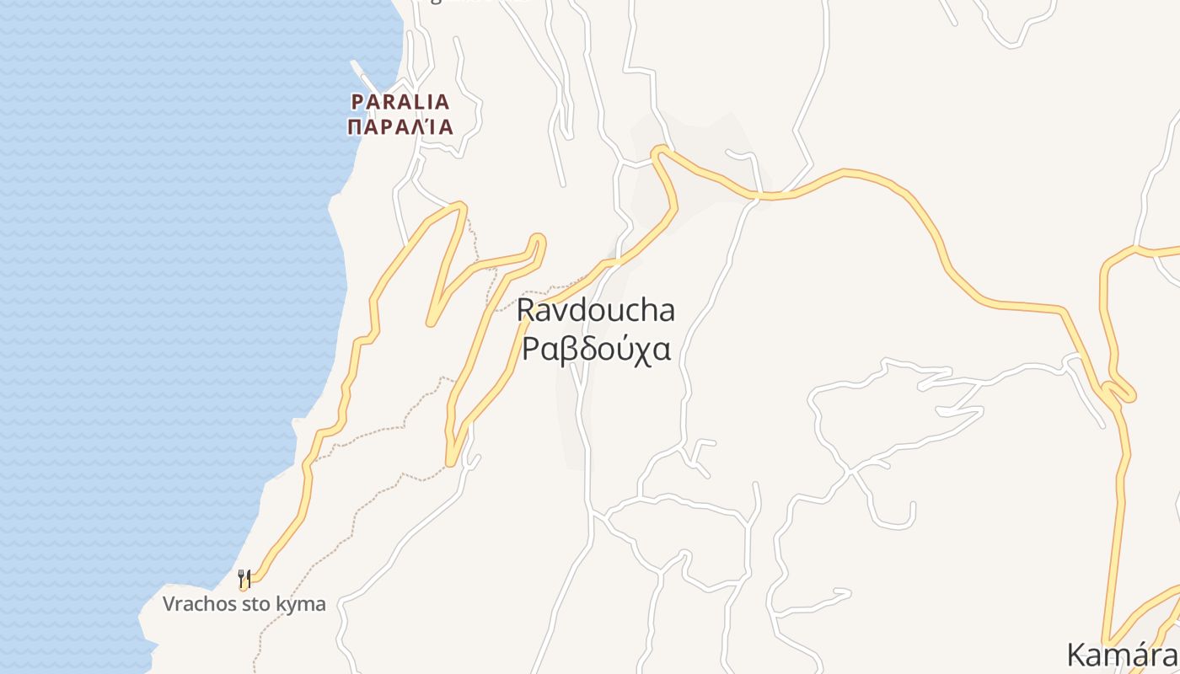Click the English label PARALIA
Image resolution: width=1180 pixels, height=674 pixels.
pos(400,102)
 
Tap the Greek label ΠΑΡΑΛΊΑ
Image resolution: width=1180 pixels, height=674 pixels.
pos(400,127)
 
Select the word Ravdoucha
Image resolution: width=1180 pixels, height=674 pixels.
pos(596,310)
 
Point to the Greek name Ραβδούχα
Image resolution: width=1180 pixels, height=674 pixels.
pos(596,347)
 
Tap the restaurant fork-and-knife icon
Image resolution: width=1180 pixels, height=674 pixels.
pos(244,578)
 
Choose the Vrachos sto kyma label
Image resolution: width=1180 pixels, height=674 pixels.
pos(244,604)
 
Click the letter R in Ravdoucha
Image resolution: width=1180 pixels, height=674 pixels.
pos(526,310)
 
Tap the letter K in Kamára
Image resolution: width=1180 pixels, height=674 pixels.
pos(1077,654)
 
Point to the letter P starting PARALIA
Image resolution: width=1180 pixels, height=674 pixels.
pos(357,102)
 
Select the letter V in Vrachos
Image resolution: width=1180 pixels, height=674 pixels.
pos(169,604)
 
